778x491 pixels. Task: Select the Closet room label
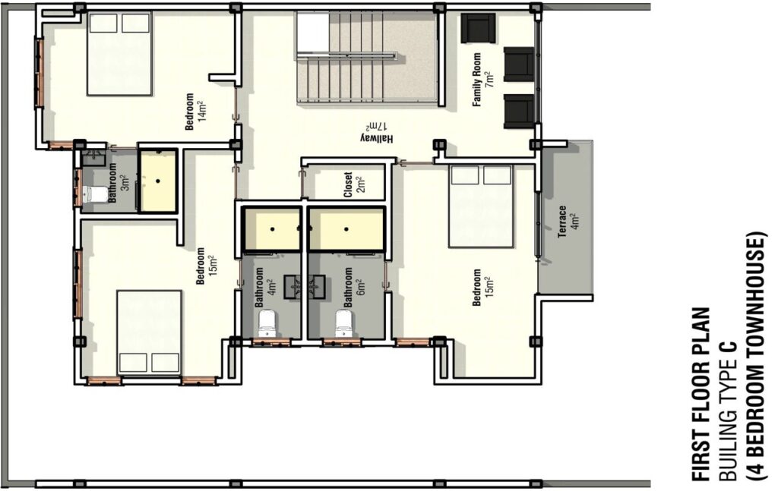click(354, 185)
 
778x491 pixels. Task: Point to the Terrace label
click(568, 222)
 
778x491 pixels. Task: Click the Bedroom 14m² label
click(195, 112)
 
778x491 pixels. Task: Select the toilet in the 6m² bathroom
click(346, 323)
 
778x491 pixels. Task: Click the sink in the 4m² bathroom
click(293, 287)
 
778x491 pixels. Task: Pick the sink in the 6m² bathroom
click(317, 287)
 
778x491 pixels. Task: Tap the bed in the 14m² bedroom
click(119, 54)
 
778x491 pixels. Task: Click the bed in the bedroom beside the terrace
click(481, 206)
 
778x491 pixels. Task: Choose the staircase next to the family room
click(366, 58)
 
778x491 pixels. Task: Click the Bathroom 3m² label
click(119, 183)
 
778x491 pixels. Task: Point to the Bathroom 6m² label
click(354, 288)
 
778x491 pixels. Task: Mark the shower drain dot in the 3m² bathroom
click(158, 181)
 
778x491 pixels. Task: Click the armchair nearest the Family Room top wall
click(479, 28)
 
